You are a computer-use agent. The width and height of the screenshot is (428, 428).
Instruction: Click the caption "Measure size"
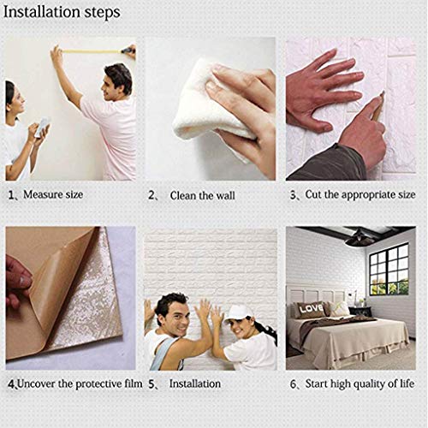(52, 194)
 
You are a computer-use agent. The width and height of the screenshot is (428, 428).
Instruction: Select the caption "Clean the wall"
(202, 195)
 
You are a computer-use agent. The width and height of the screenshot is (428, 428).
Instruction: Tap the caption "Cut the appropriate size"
(360, 194)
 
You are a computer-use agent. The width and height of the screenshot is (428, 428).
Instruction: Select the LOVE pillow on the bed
(311, 307)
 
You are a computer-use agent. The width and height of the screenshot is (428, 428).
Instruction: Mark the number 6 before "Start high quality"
(293, 385)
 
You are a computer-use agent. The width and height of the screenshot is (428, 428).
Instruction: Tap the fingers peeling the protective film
(17, 282)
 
